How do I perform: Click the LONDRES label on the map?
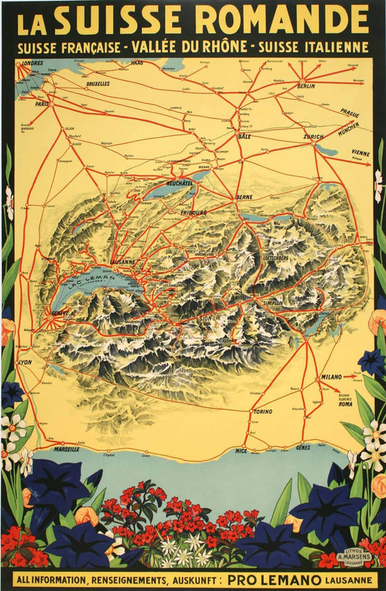32,63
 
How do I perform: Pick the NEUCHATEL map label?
179,184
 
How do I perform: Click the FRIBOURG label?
193,213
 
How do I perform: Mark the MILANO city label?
330,378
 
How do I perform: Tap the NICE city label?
240,450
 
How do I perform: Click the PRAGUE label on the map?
350,114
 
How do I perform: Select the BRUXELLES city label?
97,84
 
